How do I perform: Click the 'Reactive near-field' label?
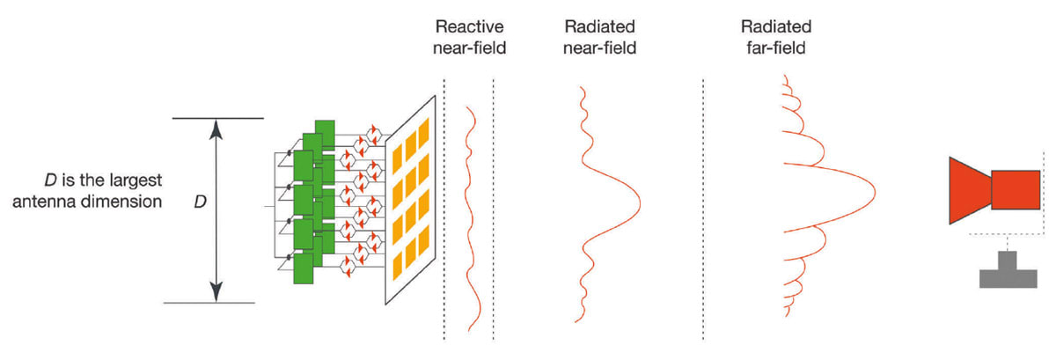(x=469, y=37)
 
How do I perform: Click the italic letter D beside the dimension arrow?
(x=200, y=202)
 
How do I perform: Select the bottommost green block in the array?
(x=303, y=268)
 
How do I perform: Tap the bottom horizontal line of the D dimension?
(x=211, y=303)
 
